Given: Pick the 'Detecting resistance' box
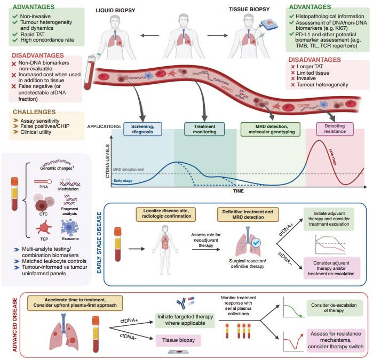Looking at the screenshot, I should tap(335, 129).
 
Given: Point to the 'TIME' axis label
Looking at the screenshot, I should tap(239, 189).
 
